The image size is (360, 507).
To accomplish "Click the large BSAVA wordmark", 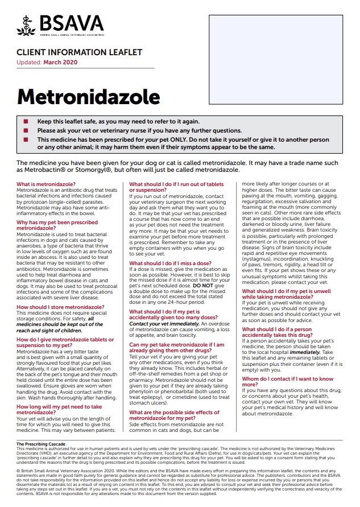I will (69, 23).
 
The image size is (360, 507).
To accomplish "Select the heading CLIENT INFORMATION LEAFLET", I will (79, 53).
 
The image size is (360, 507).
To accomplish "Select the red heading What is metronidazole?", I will (45, 184).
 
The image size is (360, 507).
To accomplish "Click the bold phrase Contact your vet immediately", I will (163, 323).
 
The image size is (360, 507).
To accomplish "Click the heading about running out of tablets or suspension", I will (176, 187).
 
